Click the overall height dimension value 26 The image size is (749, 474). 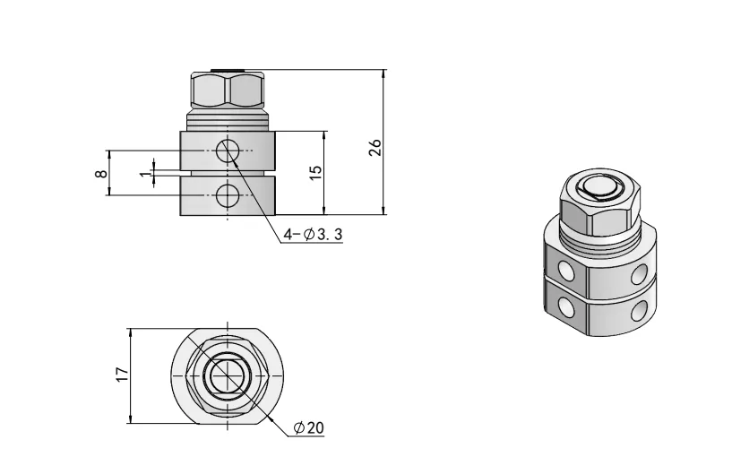click(x=376, y=147)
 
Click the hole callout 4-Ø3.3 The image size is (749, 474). click(x=313, y=235)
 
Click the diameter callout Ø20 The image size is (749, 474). click(x=308, y=428)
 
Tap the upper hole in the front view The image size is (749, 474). click(x=228, y=151)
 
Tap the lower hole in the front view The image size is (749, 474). click(x=228, y=194)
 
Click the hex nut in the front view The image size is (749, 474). click(x=228, y=90)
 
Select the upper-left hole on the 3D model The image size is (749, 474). click(x=566, y=269)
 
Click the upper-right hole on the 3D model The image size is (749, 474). click(x=640, y=271)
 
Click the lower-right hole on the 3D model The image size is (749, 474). click(x=640, y=310)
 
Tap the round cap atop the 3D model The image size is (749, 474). click(x=598, y=188)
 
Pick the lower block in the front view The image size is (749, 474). click(x=228, y=196)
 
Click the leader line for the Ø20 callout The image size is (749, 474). click(x=269, y=415)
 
